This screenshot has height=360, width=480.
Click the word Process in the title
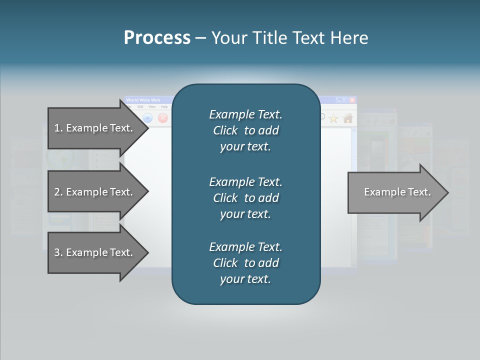tap(157, 38)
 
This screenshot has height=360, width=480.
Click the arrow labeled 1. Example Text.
tap(95, 128)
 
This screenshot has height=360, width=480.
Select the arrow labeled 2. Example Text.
tap(95, 192)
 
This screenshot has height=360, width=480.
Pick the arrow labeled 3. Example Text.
tap(95, 252)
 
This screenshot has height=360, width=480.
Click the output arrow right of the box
tap(397, 192)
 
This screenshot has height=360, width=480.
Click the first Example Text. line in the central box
tap(245, 114)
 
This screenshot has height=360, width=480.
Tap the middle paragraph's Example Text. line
tap(245, 181)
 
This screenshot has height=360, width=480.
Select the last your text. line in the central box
tap(245, 279)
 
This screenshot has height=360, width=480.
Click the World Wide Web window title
tap(143, 100)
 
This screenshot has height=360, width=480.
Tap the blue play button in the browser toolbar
tap(148, 118)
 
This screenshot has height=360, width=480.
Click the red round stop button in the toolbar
tap(163, 118)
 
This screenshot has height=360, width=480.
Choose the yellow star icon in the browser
tap(333, 118)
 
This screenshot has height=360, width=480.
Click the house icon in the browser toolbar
tap(348, 118)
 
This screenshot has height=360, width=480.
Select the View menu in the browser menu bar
tap(152, 107)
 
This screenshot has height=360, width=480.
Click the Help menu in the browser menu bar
tap(164, 107)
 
